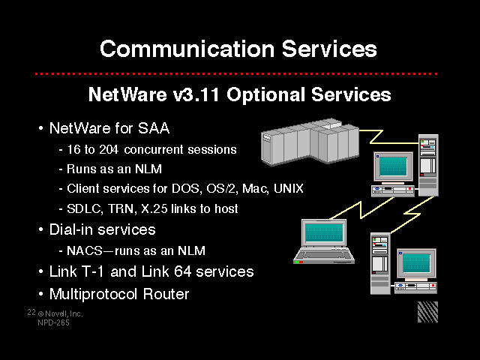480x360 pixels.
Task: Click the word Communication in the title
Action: click(187, 49)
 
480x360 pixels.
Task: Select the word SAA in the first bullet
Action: click(154, 128)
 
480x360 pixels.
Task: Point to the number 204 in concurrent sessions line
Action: click(109, 149)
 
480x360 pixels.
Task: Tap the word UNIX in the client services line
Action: click(288, 188)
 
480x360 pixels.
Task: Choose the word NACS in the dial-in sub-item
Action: click(85, 250)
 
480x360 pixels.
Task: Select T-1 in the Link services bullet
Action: click(93, 271)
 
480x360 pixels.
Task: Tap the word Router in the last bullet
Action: click(166, 294)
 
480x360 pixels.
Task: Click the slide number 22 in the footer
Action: click(31, 312)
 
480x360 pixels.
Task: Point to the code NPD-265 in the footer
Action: click(53, 322)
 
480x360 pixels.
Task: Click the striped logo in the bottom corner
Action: click(427, 312)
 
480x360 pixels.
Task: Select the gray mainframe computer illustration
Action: click(310, 142)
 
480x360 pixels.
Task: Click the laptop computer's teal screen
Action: click(324, 232)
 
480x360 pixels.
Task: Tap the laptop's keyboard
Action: click(324, 255)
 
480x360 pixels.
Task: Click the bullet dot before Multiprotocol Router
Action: click(41, 294)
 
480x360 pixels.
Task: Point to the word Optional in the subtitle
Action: click(265, 95)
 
